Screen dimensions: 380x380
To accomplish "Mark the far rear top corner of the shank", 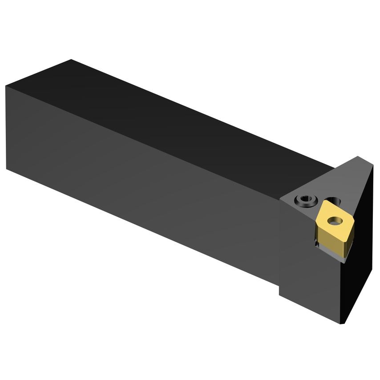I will point(71,60).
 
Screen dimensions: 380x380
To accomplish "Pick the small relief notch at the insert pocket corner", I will point(316,244).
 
